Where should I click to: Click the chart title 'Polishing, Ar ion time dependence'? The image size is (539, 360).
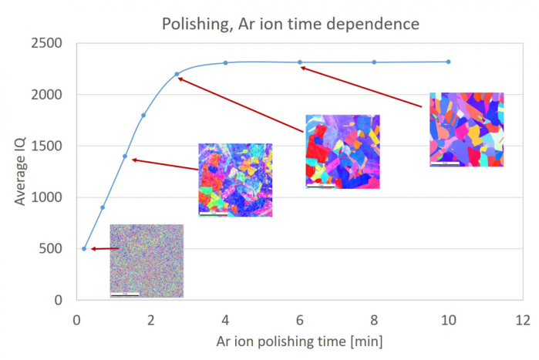click(x=290, y=24)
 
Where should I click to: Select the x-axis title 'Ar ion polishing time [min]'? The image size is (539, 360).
click(x=299, y=340)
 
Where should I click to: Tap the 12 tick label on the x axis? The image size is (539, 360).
click(x=523, y=319)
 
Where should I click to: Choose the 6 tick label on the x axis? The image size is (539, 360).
click(x=300, y=319)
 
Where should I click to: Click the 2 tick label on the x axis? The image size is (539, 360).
click(x=151, y=319)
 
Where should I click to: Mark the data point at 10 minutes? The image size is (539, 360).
click(x=448, y=62)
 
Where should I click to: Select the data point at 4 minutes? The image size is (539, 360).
click(x=225, y=63)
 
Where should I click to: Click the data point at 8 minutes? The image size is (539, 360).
click(x=374, y=62)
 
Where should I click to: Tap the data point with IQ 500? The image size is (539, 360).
click(x=84, y=248)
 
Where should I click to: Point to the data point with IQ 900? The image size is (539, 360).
click(x=103, y=207)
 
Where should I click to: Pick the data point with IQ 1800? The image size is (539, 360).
click(x=143, y=116)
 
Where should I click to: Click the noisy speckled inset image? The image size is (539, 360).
click(x=147, y=261)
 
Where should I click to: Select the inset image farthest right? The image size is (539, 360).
click(x=467, y=130)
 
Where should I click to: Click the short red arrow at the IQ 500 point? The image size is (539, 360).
click(x=105, y=249)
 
